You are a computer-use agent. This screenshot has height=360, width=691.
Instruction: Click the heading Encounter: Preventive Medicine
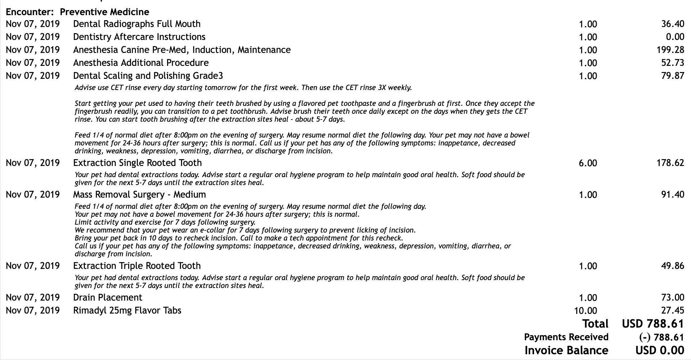click(x=77, y=12)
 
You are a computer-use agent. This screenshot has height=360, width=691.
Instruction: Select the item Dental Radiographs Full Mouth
click(x=137, y=24)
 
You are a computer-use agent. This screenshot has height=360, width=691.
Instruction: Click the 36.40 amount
click(x=672, y=24)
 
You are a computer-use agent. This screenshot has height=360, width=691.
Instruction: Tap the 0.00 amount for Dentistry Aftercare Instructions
click(x=675, y=37)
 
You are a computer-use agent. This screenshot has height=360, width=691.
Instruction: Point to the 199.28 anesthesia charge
click(x=670, y=50)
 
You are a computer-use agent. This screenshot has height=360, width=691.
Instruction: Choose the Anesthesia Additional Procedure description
click(x=141, y=63)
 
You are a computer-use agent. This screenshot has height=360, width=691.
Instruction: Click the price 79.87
click(x=672, y=76)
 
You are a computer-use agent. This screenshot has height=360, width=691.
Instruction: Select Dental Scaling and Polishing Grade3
click(x=148, y=76)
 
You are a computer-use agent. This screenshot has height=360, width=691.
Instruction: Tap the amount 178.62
click(x=670, y=163)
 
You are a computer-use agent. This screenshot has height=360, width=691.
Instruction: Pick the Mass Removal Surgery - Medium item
click(x=139, y=195)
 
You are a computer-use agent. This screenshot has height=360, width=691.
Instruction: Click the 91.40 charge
click(x=672, y=195)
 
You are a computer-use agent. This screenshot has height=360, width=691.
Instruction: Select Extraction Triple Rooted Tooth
click(x=137, y=266)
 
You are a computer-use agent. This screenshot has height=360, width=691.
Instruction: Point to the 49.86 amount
click(x=672, y=266)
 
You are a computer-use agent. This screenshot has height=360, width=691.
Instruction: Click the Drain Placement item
click(x=108, y=298)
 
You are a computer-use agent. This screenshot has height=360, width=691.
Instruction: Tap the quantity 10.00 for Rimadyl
click(x=585, y=311)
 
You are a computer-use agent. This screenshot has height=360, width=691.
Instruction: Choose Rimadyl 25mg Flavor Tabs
click(x=127, y=311)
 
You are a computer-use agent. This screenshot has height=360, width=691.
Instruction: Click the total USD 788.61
click(x=653, y=324)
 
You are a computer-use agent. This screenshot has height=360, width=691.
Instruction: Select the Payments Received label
click(x=566, y=337)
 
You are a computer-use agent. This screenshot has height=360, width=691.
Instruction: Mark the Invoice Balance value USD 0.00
click(x=660, y=350)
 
